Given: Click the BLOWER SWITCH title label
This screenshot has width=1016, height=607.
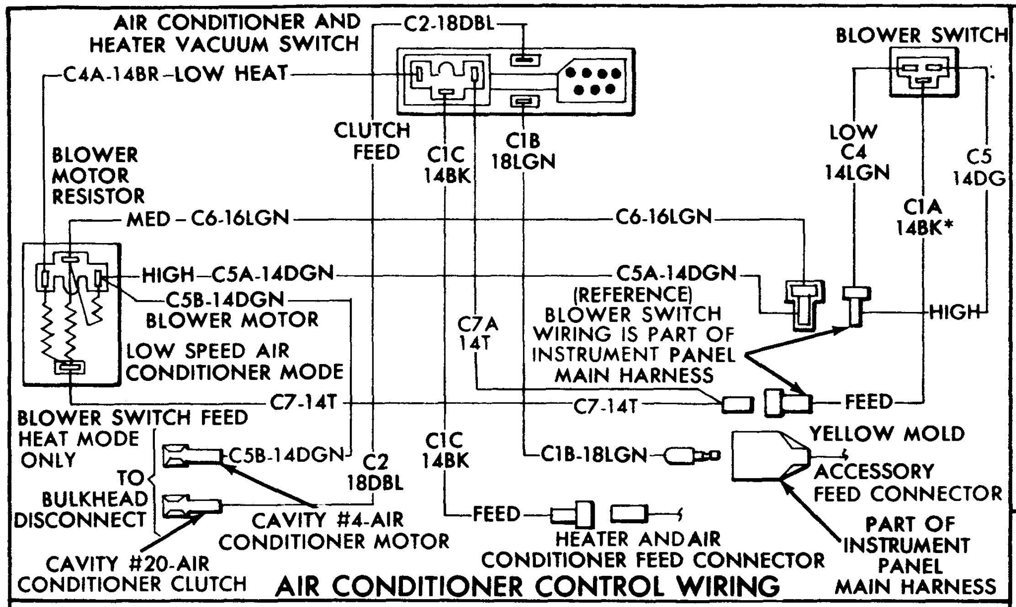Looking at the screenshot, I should [x=921, y=35].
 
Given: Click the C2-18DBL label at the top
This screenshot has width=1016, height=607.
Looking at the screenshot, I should [x=450, y=24].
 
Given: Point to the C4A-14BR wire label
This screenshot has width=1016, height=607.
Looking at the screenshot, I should [x=111, y=74].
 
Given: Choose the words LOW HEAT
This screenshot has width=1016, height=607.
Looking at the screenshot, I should [x=232, y=74].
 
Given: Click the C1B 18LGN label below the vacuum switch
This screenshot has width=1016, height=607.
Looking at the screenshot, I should [x=523, y=152].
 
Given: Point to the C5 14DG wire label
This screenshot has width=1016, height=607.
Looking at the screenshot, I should [x=979, y=168].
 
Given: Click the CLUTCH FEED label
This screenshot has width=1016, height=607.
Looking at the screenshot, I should [x=373, y=141].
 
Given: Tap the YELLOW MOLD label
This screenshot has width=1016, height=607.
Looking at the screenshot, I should [x=887, y=433].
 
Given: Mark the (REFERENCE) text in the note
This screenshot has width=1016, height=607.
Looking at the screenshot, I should [x=633, y=295].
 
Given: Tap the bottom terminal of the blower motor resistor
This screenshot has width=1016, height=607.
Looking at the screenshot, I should [x=69, y=367].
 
